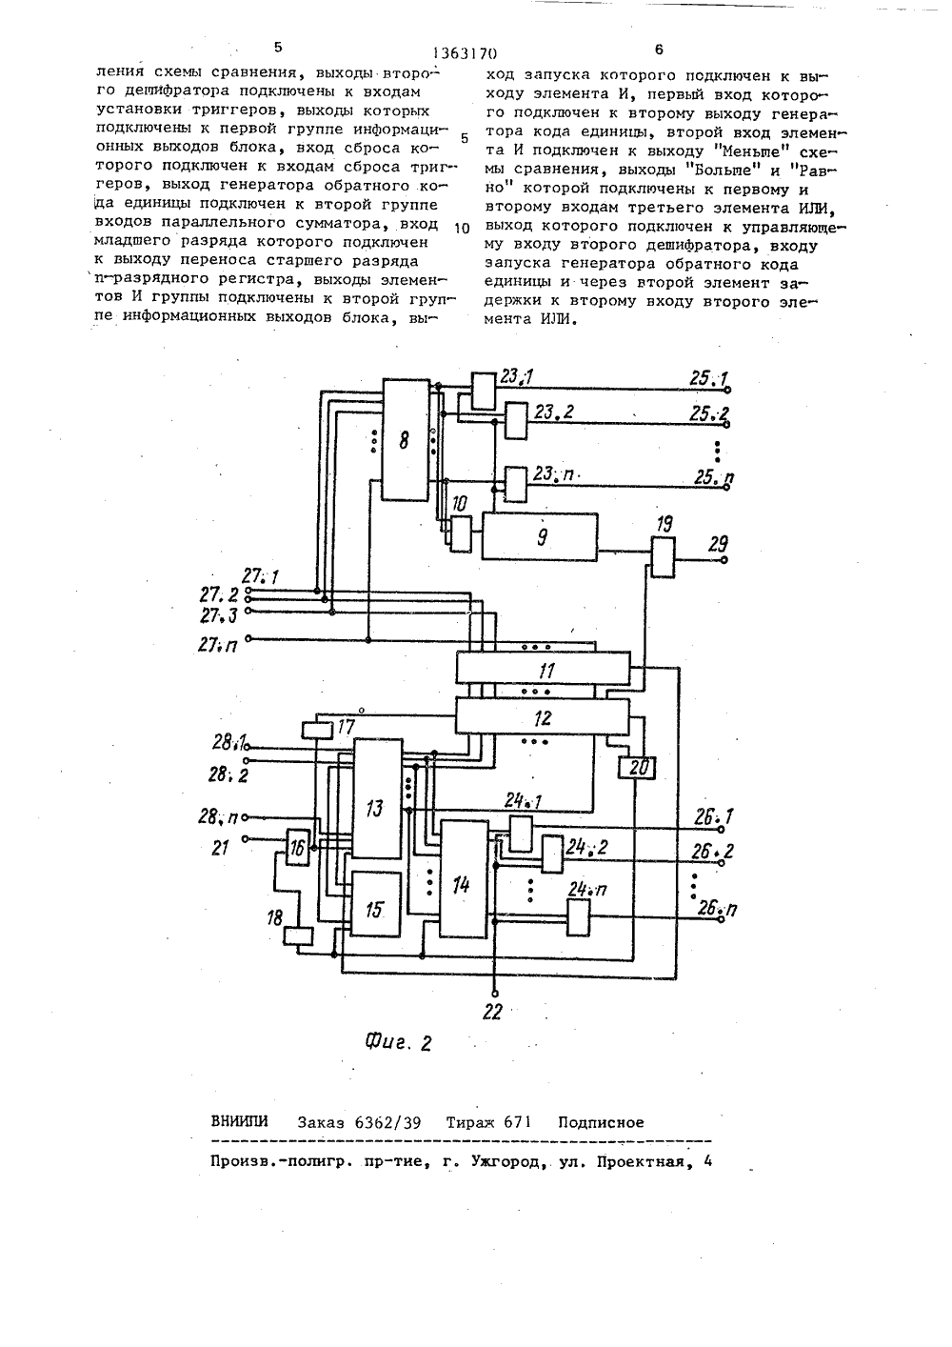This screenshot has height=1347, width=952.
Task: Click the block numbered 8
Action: point(406,439)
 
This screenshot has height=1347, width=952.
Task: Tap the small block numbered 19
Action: point(663,557)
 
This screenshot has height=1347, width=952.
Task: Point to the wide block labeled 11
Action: point(543,668)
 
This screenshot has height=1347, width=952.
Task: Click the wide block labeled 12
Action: point(543,716)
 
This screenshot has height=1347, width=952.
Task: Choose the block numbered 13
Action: point(377,798)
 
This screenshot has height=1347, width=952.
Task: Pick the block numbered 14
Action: point(464,878)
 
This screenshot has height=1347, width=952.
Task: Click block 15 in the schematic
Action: point(376,904)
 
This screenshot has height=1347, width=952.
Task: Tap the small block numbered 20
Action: point(637,768)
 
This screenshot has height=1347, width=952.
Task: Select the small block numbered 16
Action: point(297,847)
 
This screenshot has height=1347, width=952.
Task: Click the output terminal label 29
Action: point(718,544)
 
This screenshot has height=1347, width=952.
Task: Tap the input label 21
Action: point(221,848)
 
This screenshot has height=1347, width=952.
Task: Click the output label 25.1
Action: point(708,379)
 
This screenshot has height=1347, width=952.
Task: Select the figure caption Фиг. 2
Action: point(399,1042)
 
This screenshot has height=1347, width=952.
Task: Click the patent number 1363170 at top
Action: point(466,53)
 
